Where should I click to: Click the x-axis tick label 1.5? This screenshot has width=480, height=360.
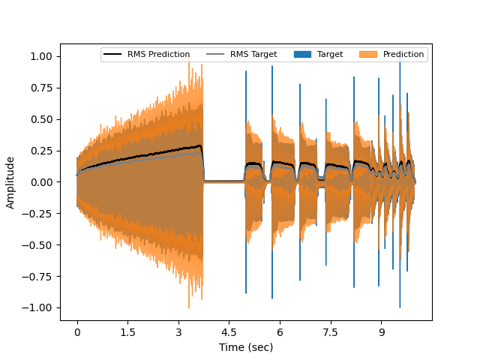[x=127, y=331]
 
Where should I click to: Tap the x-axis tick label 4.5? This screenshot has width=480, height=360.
[x=229, y=331]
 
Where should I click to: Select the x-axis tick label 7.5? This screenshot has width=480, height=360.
[x=330, y=331]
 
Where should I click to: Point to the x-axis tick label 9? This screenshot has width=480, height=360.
[x=381, y=331]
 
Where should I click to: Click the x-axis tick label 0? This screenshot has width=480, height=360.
[x=76, y=331]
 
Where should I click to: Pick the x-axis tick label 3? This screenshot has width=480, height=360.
[x=178, y=331]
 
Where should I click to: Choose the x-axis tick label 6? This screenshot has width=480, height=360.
[x=280, y=331]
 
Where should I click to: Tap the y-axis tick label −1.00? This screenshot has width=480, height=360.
[x=39, y=307]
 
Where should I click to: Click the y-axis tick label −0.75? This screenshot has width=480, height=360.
[x=39, y=276]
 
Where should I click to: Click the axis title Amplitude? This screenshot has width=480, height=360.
[x=10, y=182]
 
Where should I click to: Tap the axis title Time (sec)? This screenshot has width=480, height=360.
[x=246, y=347]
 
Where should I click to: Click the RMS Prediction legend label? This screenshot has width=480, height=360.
[x=158, y=55]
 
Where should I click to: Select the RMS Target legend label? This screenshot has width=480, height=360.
[x=253, y=55]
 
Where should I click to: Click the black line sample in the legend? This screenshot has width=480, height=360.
[x=113, y=55]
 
